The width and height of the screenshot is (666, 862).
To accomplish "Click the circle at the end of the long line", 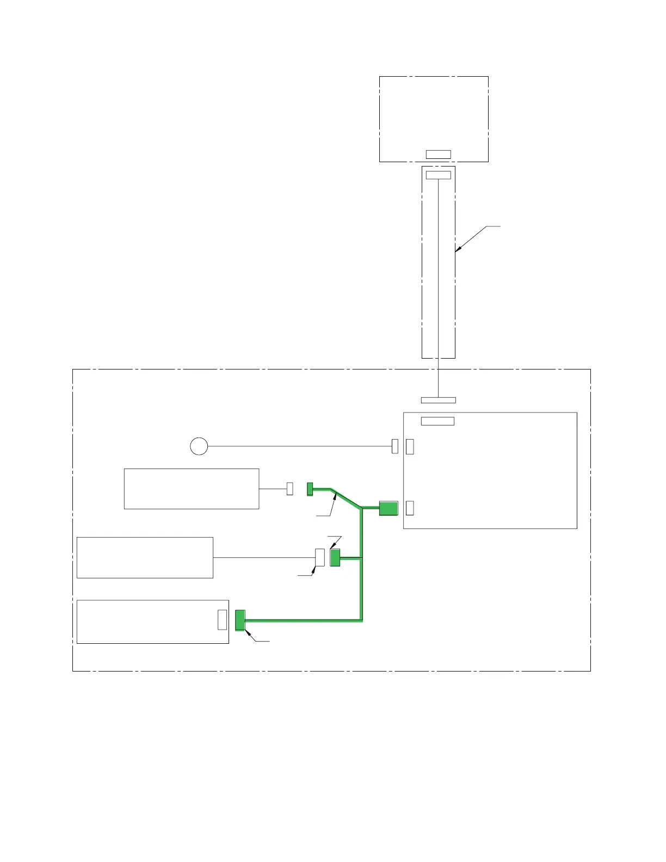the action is [199, 446].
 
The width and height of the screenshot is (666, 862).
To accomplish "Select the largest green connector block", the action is [388, 508].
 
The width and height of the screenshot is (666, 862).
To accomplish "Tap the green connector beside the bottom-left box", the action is [240, 620].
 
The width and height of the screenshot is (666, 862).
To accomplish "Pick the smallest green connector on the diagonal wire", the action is [310, 489].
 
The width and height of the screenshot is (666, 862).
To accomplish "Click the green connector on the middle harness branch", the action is [335, 558].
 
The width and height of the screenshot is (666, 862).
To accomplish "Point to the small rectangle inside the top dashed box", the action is [438, 154].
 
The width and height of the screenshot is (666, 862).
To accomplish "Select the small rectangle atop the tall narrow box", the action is [438, 175].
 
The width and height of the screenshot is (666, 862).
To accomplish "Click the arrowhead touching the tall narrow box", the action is [458, 250].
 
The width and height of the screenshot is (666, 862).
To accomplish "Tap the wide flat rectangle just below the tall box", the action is [438, 401].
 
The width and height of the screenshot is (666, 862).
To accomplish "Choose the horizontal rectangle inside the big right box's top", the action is [437, 421].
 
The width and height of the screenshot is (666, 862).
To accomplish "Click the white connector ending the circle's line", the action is [395, 446].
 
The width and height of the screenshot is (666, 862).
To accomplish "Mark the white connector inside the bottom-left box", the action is [222, 620].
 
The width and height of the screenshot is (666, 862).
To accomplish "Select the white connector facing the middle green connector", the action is [320, 557].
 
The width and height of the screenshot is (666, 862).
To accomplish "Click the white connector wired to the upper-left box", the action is [290, 489].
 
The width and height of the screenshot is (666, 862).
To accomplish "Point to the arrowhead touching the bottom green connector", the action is [248, 633].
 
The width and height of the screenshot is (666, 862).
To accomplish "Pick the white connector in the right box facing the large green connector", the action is [410, 508].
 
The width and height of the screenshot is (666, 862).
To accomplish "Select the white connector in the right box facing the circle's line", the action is [410, 446].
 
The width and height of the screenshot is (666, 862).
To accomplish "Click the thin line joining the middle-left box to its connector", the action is [264, 557].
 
